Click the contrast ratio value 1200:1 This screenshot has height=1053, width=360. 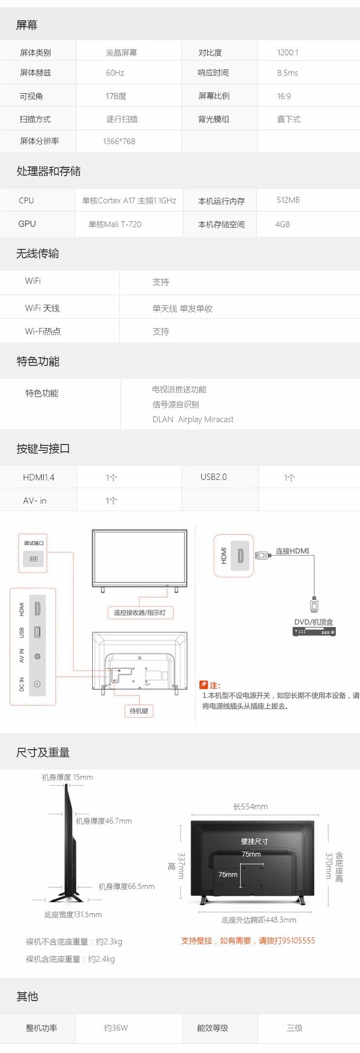(288, 53)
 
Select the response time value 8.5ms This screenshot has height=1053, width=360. (288, 73)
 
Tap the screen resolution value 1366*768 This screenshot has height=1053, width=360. (119, 142)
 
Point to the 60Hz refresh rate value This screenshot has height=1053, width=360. (115, 73)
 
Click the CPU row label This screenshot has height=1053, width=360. (26, 201)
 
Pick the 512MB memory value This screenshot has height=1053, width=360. (288, 200)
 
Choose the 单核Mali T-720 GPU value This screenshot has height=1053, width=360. (115, 224)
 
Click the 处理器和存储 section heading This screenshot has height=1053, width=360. (48, 171)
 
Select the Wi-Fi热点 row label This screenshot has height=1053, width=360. (43, 331)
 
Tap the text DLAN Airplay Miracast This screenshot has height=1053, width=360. (193, 419)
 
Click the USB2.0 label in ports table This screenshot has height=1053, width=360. (214, 477)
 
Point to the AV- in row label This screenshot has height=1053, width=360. (35, 501)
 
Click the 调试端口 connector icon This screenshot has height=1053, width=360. (34, 559)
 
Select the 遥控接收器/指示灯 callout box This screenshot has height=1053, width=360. (140, 613)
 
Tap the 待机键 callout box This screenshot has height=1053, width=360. (139, 711)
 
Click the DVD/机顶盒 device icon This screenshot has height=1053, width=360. (314, 632)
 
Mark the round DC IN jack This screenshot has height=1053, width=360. (37, 684)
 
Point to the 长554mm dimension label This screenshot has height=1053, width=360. (251, 806)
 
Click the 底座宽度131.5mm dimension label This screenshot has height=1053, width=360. (73, 914)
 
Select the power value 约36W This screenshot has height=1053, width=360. (116, 1028)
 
